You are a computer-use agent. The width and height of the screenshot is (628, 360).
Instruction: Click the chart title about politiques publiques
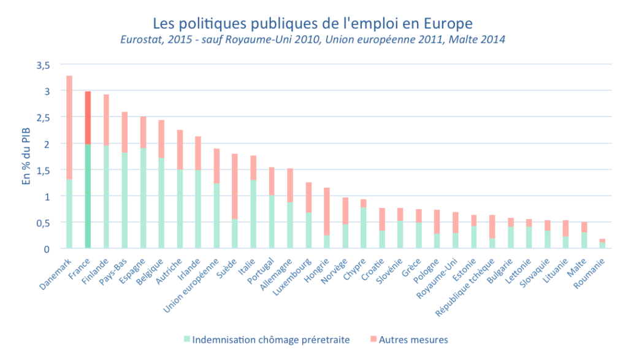click(x=313, y=24)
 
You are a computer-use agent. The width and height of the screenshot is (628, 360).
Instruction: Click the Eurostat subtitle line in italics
click(x=313, y=40)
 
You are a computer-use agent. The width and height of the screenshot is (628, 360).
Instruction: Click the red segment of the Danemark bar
click(x=69, y=128)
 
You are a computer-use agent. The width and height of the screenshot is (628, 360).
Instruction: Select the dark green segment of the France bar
click(x=88, y=196)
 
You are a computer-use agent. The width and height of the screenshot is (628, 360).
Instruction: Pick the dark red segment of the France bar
click(x=88, y=118)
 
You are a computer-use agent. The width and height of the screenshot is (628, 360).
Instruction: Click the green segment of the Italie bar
click(x=253, y=214)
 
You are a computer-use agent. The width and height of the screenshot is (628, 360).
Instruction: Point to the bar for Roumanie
click(x=602, y=244)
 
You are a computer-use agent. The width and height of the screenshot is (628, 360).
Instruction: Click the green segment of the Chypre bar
click(x=364, y=228)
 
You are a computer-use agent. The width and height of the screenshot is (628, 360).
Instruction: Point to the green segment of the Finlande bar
click(x=106, y=197)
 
